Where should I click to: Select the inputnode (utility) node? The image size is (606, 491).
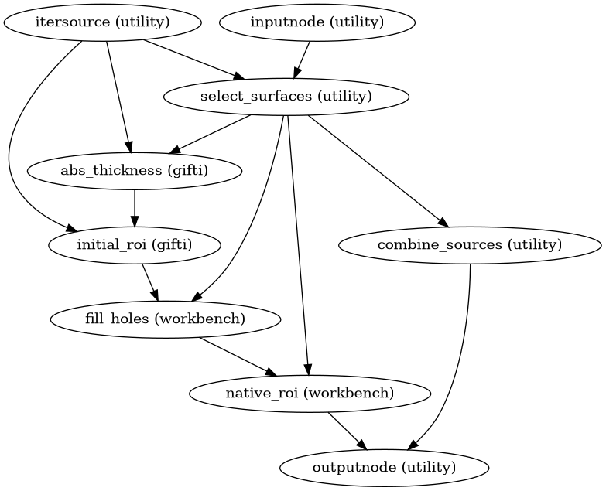click(317, 22)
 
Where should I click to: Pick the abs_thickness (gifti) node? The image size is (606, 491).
click(135, 171)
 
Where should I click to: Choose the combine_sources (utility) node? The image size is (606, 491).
click(470, 245)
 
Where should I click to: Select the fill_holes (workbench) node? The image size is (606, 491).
click(164, 319)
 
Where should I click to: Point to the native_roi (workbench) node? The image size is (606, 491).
click(310, 394)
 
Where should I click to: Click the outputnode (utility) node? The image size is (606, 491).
click(384, 468)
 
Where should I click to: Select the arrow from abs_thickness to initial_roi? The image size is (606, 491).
click(135, 208)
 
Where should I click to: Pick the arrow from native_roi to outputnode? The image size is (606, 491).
click(347, 431)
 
